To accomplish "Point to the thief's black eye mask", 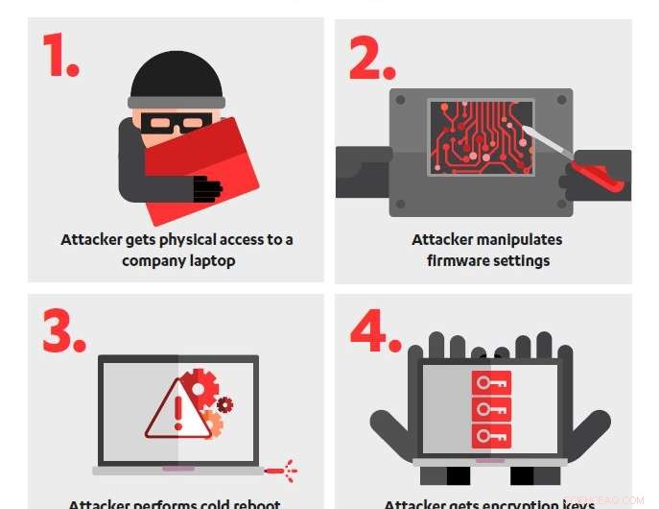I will (x=176, y=123).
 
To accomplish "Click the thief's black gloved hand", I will (x=206, y=189).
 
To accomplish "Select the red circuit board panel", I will (x=481, y=136).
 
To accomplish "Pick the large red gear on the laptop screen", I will (x=200, y=386).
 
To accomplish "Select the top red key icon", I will (x=491, y=383).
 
